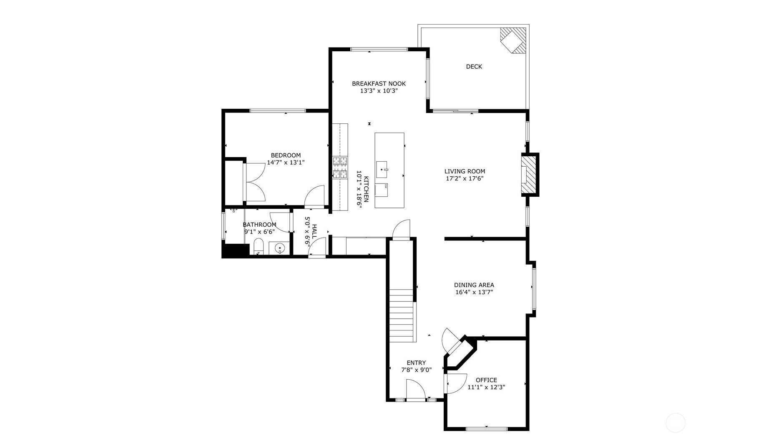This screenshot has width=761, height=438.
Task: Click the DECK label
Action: (x=474, y=67)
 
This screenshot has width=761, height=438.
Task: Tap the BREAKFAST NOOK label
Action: (x=379, y=84)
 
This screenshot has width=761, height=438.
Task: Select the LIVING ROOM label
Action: (x=465, y=171)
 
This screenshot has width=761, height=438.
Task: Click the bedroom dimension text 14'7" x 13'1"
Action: (x=286, y=163)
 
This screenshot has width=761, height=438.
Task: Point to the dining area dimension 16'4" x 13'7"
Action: (x=474, y=292)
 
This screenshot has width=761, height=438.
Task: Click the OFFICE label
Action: (x=486, y=380)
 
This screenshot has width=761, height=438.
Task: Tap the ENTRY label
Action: (x=416, y=363)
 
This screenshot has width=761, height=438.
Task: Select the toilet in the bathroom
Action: (x=259, y=246)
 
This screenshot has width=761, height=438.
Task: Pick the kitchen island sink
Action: (x=382, y=170)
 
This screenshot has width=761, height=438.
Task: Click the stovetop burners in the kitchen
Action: (x=340, y=168)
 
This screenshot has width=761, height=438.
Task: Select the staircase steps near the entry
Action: (x=403, y=315)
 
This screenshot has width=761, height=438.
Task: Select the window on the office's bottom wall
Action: (x=487, y=428)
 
